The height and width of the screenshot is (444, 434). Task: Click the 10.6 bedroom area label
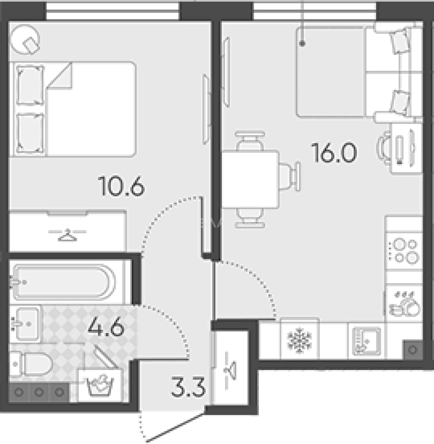[121, 186]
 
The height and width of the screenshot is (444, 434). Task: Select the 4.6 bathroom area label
[106, 327]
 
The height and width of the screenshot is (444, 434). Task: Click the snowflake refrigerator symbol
[299, 340]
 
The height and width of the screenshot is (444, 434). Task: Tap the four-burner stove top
[404, 251]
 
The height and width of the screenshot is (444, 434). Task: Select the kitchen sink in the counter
[367, 341]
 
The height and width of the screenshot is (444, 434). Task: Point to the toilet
[31, 364]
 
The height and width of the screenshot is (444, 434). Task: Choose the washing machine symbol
[100, 385]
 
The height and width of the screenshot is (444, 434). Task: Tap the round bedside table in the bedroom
[25, 39]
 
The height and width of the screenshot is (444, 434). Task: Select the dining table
[250, 180]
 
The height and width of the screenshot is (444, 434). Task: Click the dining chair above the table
[250, 141]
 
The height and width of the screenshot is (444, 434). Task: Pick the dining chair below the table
[250, 218]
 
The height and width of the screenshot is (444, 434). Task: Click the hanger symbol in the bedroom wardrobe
[67, 235]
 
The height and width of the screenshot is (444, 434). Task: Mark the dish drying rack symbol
[404, 303]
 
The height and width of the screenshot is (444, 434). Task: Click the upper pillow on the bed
[30, 85]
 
